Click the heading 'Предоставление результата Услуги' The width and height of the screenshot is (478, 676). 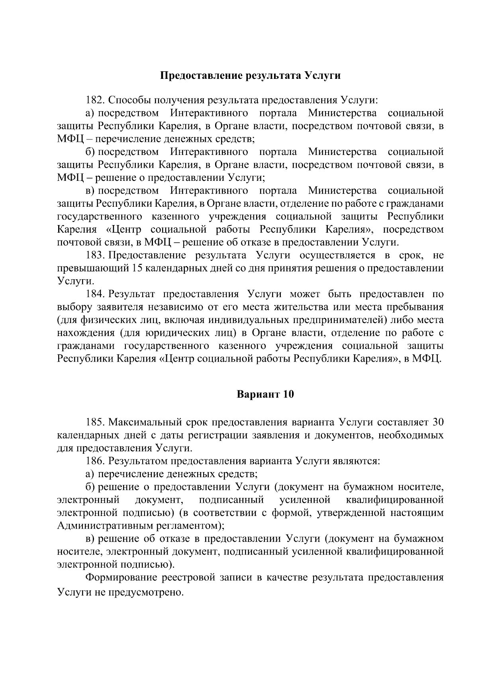250,76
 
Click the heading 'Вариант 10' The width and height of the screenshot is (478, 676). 265,394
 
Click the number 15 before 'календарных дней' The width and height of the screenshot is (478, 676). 135,268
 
